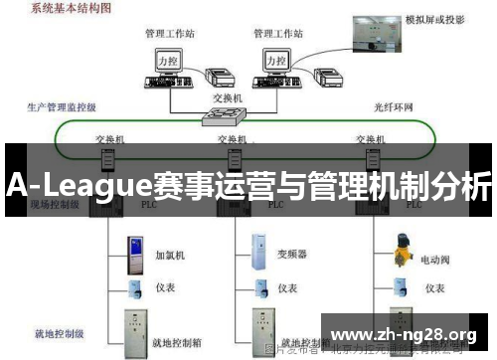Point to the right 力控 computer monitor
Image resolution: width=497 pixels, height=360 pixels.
pyautogui.click(x=278, y=62)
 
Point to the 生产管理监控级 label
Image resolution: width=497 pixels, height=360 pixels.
pyautogui.click(x=63, y=105)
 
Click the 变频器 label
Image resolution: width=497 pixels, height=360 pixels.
pyautogui.click(x=292, y=253)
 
